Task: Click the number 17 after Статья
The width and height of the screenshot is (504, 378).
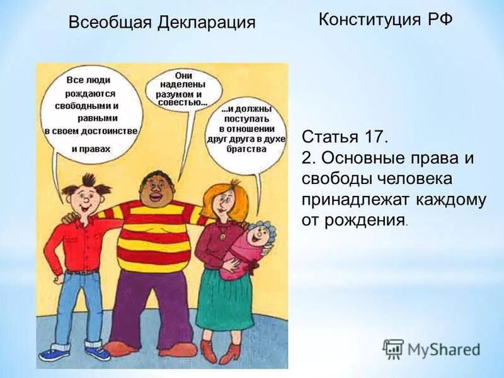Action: (374, 137)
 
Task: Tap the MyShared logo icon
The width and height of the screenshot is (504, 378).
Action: (394, 348)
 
